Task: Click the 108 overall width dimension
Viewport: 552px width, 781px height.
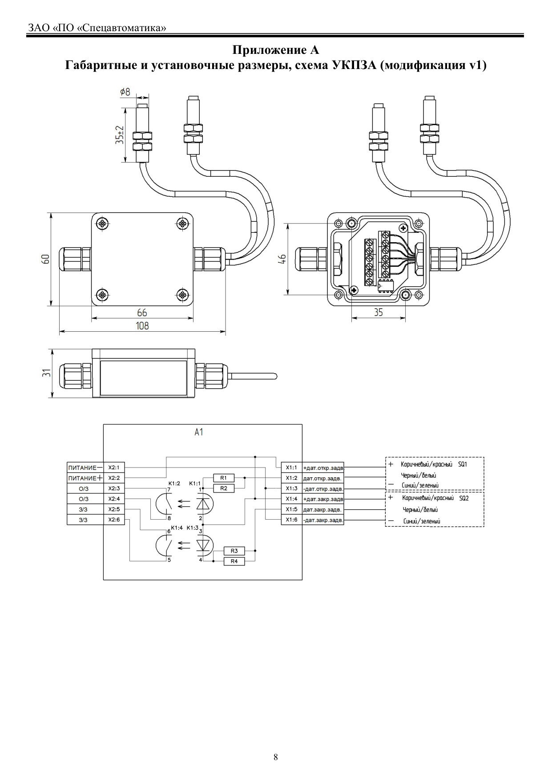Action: coord(142,325)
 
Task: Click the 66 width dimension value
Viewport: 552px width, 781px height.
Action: coord(142,313)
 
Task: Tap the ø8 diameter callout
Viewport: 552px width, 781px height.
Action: coord(125,92)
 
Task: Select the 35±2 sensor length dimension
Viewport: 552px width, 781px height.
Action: coord(120,134)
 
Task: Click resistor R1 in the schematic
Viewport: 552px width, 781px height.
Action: coord(224,478)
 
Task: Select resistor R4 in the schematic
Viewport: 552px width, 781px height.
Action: coord(234,561)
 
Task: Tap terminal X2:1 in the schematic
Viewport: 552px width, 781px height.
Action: coord(114,468)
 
